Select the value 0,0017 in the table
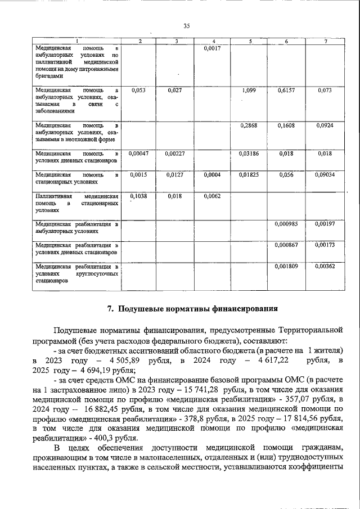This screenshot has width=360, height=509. [211, 49]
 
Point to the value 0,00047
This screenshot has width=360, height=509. [138, 153]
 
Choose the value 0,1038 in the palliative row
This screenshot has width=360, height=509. [138, 196]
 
